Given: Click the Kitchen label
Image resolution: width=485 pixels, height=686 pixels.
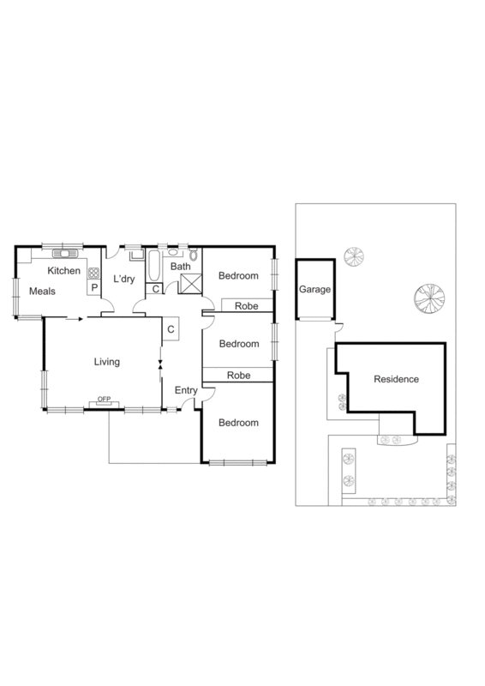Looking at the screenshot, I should tap(63, 271).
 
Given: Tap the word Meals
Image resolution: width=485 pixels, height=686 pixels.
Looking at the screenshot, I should tap(42, 292).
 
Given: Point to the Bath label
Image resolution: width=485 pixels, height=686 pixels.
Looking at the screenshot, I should tap(180, 267).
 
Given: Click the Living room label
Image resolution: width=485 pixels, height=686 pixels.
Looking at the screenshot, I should tap(106, 361).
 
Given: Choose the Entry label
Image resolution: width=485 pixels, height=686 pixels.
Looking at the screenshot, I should tap(186, 391).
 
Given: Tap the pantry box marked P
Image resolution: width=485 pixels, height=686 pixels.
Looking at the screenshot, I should tap(93, 288).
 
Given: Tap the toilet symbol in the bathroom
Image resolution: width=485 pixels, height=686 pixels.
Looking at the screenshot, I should tap(194, 254).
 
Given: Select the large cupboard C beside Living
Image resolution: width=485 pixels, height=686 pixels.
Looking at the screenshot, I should tap(171, 328).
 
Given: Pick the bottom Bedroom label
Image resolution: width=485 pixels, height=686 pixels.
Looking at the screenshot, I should tap(237, 423).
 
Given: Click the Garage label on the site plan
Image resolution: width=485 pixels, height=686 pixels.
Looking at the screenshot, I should tap(314, 290).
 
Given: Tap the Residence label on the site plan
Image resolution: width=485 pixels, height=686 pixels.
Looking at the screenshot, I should tap(396, 378).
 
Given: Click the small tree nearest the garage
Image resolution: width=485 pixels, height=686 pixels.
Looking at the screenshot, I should tap(352, 256).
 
